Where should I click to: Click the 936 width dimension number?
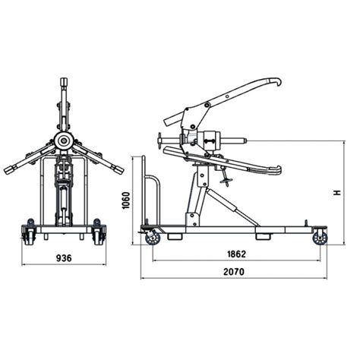pos(64,258)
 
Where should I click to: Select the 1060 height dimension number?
pos(126,201)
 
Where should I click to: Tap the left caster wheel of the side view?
pos(152,238)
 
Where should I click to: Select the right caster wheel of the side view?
pos(319,238)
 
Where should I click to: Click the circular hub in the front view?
pos(63,141)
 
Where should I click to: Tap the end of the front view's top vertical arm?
pos(64,81)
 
